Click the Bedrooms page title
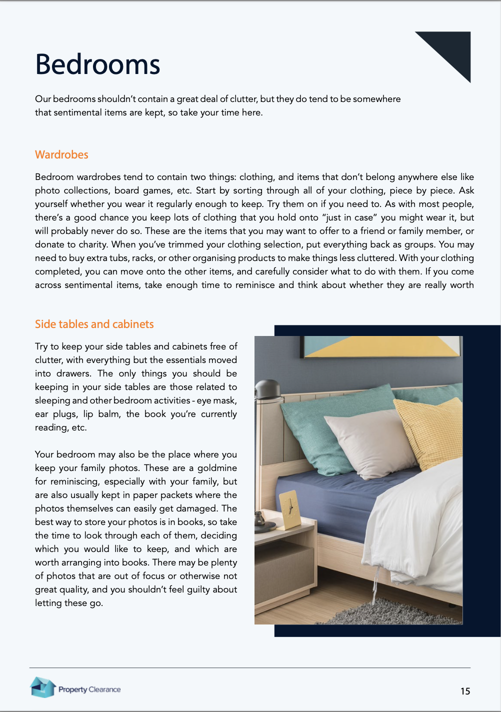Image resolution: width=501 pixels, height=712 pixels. [x=97, y=65]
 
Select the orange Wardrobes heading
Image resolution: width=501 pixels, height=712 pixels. [x=61, y=155]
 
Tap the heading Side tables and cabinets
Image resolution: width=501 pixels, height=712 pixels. [x=94, y=324]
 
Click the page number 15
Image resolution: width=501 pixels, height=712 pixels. [x=465, y=691]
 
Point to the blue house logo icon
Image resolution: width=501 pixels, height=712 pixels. [x=42, y=687]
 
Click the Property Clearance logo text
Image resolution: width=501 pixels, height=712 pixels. [x=89, y=689]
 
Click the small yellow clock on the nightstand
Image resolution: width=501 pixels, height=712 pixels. [x=289, y=510]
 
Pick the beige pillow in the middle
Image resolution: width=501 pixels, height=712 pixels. [x=370, y=440]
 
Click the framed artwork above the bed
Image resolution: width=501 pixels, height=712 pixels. [x=382, y=346]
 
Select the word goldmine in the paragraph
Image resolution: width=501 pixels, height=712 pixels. [x=217, y=468]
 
